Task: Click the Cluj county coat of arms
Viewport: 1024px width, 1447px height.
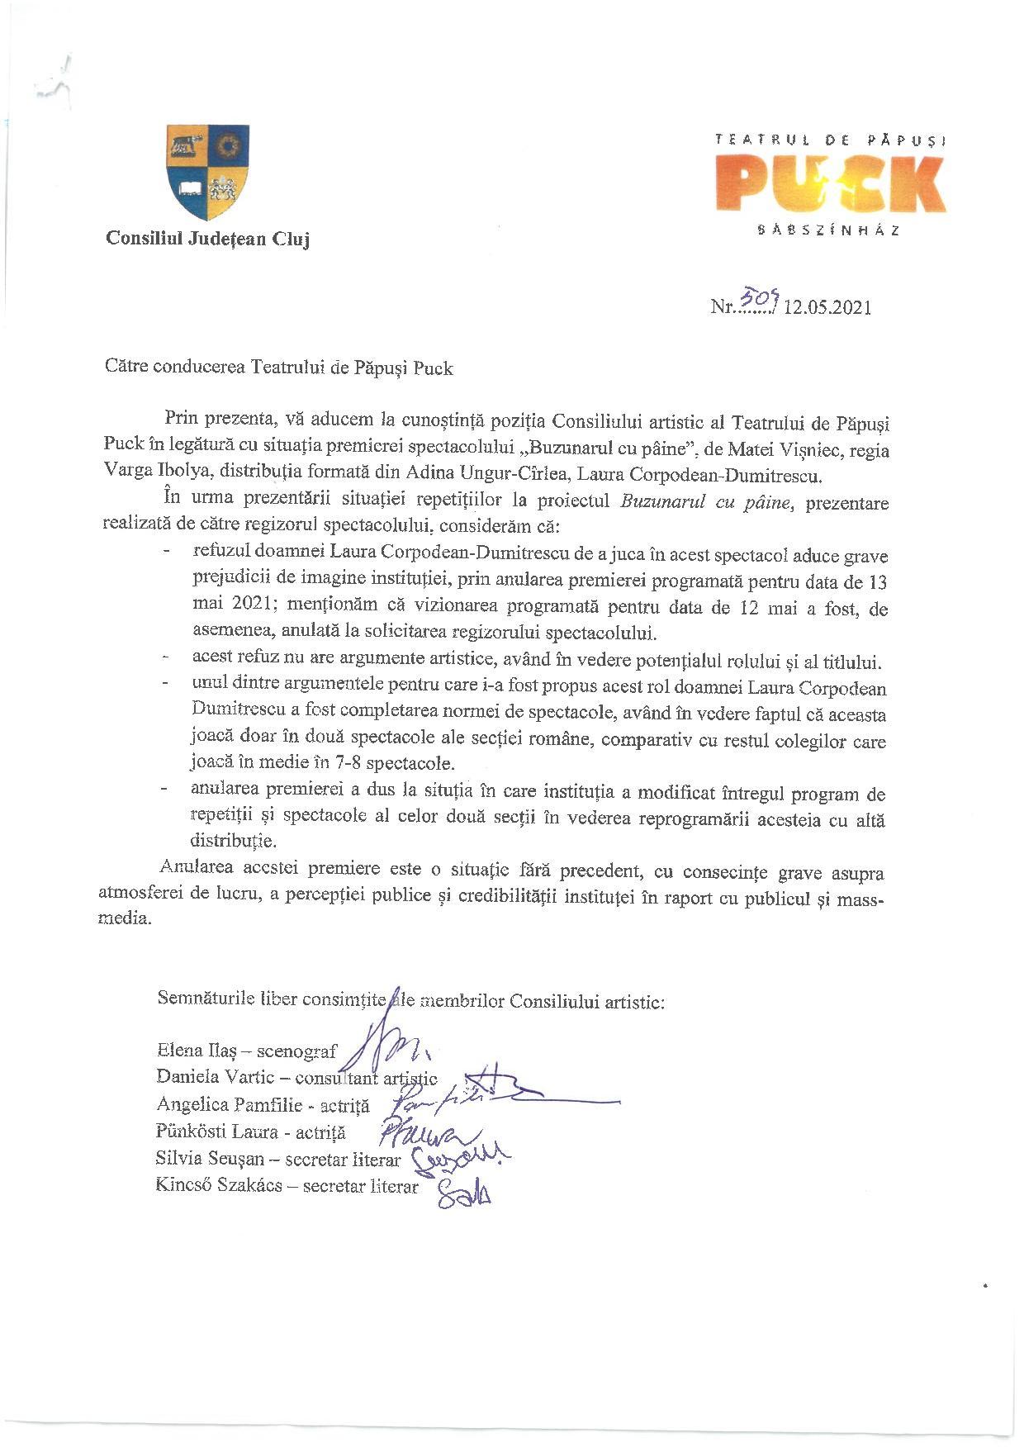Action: pos(208,171)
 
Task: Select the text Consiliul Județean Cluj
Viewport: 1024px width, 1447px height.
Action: pos(207,240)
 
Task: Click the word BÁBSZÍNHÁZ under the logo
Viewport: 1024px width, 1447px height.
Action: pos(828,231)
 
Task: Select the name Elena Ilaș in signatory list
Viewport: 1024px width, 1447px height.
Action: pos(197,1051)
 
